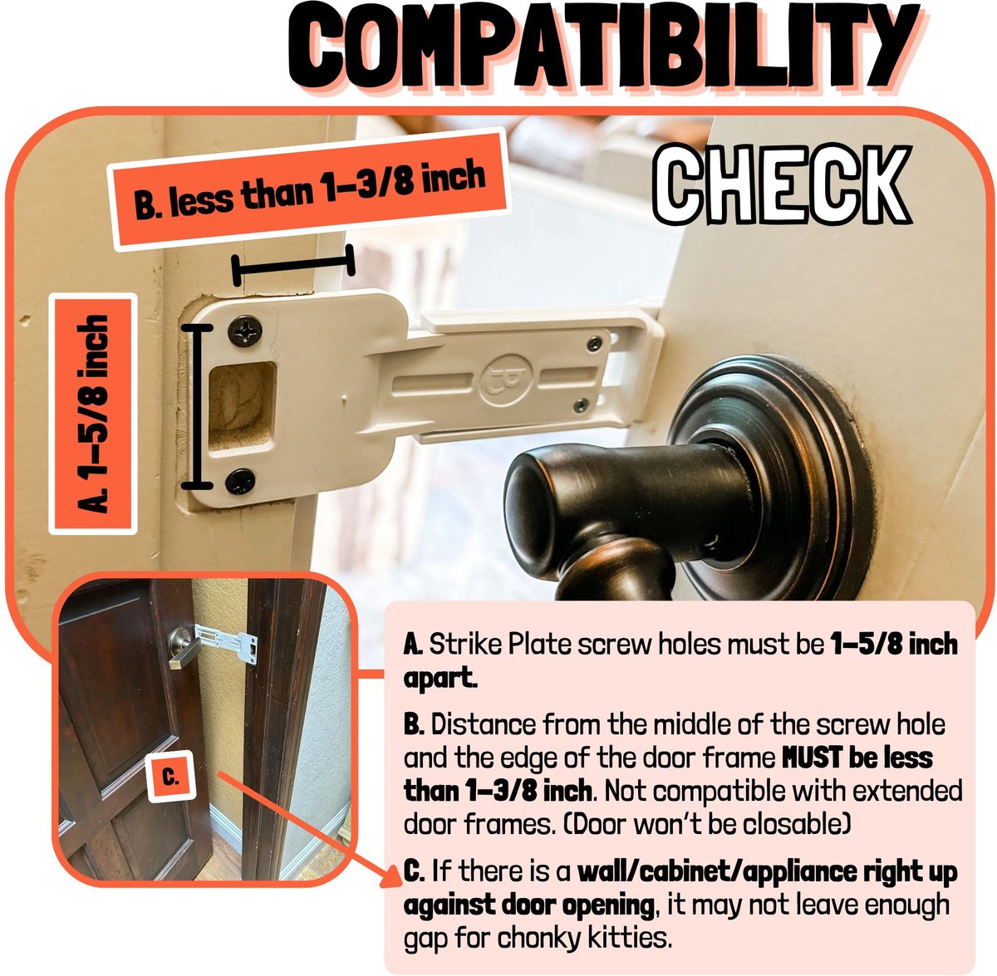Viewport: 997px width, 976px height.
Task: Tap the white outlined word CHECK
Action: coord(780,184)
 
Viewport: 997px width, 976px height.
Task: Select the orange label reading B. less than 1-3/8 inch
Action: coord(309,190)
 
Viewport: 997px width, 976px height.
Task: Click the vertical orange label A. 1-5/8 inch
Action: coord(93,414)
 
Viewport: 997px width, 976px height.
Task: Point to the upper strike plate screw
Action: coord(245,331)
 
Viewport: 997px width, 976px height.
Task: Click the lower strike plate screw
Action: coord(240,481)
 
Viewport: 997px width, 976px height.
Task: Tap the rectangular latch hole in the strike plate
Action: coord(242,405)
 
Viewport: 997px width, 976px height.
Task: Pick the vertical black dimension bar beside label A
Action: coord(197,407)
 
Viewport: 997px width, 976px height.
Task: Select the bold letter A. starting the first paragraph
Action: coord(413,645)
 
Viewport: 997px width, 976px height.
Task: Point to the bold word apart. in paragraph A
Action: coord(440,679)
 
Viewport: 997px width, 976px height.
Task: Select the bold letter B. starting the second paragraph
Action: coord(414,724)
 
